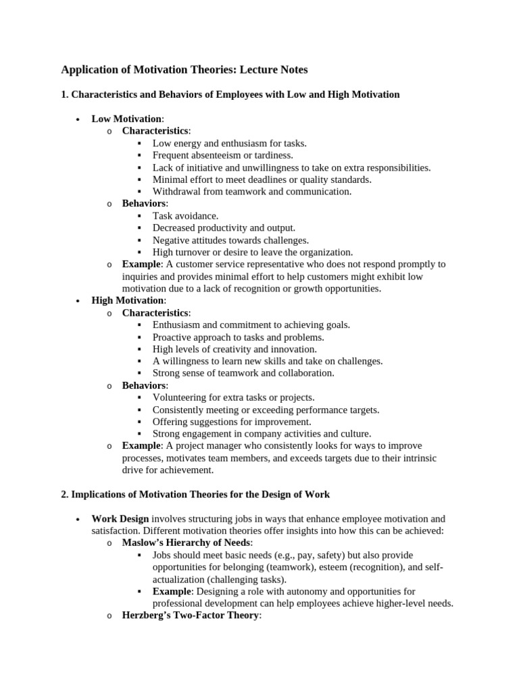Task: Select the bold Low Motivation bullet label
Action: point(126,119)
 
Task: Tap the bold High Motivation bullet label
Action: point(127,300)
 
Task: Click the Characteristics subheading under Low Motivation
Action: point(155,131)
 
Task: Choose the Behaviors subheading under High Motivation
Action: point(143,385)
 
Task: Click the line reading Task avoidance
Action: point(185,216)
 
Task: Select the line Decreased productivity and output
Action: point(224,228)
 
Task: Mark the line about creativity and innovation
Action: point(234,349)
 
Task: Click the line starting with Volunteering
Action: point(233,397)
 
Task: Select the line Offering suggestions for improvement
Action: point(232,422)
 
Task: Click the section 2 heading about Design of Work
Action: point(195,495)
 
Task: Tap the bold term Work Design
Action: point(120,519)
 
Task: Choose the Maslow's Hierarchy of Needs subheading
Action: point(186,543)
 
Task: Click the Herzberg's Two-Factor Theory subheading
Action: point(190,615)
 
